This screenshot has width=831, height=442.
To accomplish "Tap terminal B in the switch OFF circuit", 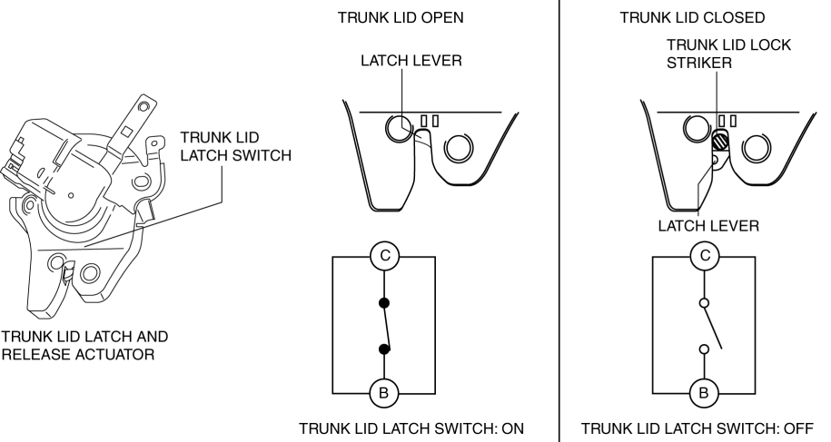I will (x=703, y=394).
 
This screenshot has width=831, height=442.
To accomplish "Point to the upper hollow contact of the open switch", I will (x=703, y=302).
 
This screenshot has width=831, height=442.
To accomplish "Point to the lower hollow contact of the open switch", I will (x=703, y=349).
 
